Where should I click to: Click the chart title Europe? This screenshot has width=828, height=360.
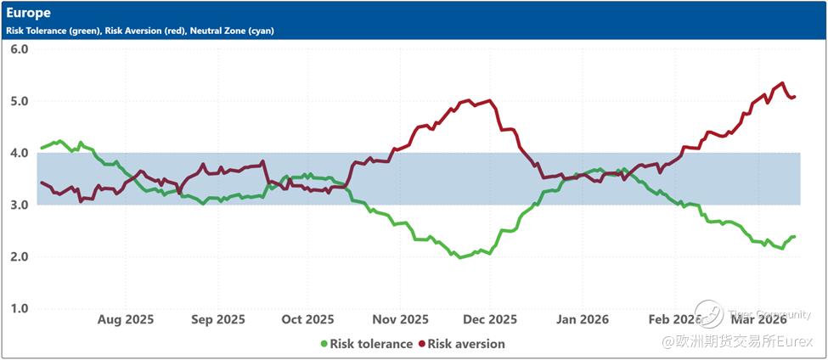(x=28, y=14)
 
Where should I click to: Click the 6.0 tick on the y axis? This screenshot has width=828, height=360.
(x=20, y=49)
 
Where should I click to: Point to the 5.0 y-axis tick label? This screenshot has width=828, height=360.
(x=20, y=101)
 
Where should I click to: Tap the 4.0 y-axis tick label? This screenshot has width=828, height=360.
(x=20, y=153)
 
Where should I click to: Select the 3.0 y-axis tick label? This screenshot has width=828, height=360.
(x=20, y=205)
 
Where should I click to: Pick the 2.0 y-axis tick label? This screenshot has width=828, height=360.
(x=20, y=256)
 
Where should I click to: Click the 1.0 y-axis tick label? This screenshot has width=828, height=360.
(x=20, y=308)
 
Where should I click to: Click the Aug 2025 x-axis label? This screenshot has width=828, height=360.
(x=127, y=319)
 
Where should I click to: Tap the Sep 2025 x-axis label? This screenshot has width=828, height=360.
(x=217, y=319)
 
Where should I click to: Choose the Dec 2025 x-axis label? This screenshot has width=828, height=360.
(x=490, y=319)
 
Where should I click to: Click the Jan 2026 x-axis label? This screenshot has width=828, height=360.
(x=582, y=319)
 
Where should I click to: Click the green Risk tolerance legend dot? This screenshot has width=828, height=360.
(x=324, y=344)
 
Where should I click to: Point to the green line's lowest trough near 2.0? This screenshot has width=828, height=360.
(x=461, y=256)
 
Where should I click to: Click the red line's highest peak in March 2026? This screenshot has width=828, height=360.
(x=781, y=83)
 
